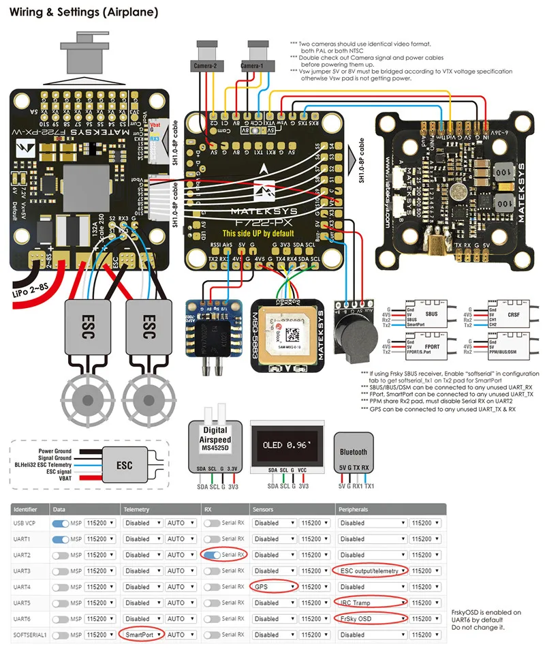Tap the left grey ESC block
point(87,323)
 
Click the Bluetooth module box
point(353,452)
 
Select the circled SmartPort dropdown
point(142,635)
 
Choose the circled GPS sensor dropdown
point(275,586)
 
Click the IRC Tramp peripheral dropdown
point(372,603)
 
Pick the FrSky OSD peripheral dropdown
point(372,619)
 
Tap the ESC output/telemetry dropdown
point(372,571)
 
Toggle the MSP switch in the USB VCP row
point(61,523)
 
